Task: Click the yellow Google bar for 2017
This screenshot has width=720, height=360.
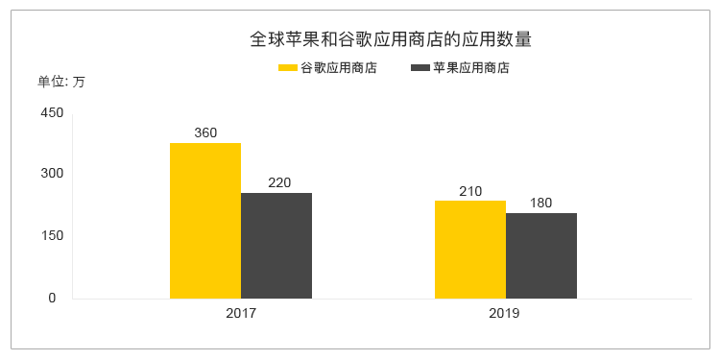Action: click(x=205, y=221)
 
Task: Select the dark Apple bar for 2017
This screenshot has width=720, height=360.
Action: click(x=276, y=246)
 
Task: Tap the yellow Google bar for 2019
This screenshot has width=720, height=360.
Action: click(x=470, y=250)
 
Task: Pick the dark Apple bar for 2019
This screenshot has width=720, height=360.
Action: click(x=541, y=255)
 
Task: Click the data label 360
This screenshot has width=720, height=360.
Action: click(x=205, y=133)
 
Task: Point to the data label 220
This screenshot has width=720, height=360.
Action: click(x=279, y=182)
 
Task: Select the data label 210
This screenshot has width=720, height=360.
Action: click(x=470, y=191)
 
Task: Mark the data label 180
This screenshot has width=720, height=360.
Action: click(x=540, y=203)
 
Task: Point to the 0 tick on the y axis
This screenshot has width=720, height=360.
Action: click(x=53, y=298)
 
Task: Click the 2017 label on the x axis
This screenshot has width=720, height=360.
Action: click(x=241, y=314)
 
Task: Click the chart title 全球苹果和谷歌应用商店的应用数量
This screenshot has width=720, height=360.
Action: click(x=391, y=39)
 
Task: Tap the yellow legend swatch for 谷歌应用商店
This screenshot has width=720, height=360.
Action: click(x=287, y=68)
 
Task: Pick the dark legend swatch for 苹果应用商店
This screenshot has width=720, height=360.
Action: click(x=420, y=68)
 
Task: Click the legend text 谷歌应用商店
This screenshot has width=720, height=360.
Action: click(x=339, y=68)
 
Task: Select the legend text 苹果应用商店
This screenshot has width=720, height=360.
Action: click(x=471, y=68)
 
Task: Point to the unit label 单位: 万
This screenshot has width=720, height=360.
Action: click(x=61, y=83)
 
